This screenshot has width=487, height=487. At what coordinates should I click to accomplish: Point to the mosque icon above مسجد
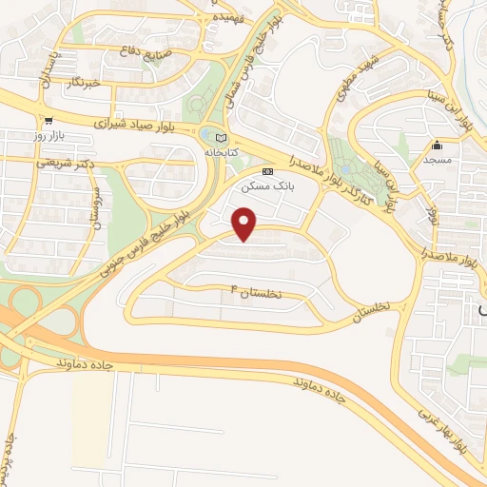click(437, 145)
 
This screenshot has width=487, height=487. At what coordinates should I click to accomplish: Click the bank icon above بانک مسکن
click(267, 171)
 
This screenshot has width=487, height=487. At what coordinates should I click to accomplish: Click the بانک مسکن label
click(267, 186)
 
